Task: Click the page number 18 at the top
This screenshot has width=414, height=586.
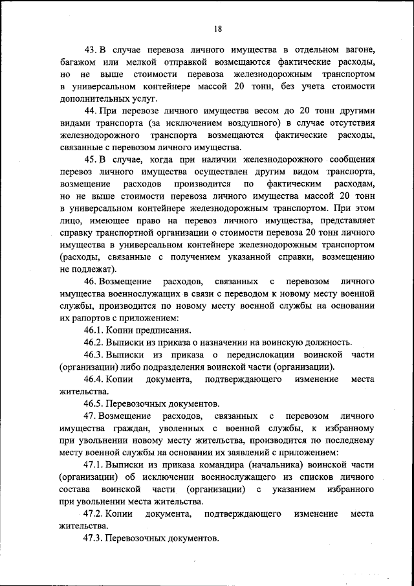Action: click(219, 27)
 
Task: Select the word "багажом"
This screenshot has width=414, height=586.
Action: click(80, 63)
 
